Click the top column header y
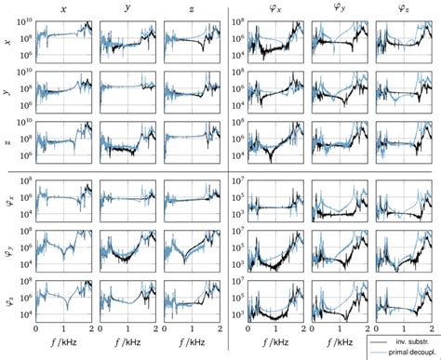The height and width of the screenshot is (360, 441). [x=127, y=9]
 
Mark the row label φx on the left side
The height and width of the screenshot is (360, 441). [x=7, y=196]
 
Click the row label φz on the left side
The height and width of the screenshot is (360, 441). [x=7, y=301]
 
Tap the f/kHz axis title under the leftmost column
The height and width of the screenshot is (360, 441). [x=64, y=347]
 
